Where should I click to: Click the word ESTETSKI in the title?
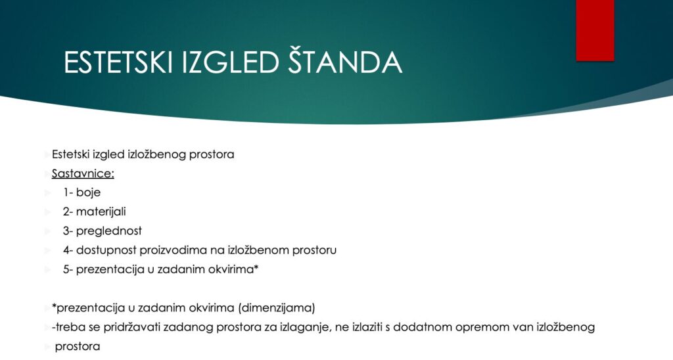click(118, 62)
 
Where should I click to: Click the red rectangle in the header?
click(595, 30)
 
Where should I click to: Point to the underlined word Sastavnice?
click(83, 173)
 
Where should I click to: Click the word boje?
click(89, 192)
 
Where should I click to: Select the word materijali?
click(101, 212)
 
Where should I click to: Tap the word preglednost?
click(109, 231)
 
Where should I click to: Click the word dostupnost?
click(106, 250)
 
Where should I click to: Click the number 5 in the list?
click(66, 269)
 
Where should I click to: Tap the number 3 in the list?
click(66, 231)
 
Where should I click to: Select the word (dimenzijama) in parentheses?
click(277, 308)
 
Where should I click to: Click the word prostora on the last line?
click(78, 347)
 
